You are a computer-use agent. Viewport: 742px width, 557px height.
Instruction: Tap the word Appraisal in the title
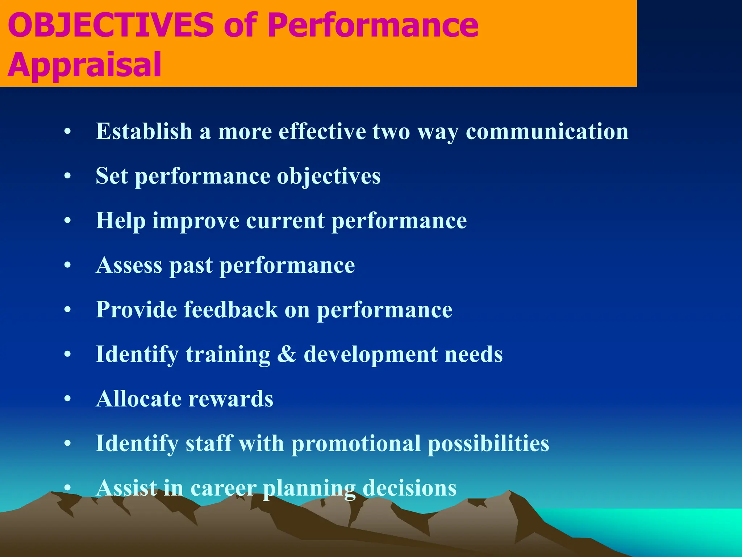tap(84, 65)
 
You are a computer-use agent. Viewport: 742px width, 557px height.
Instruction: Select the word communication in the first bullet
tap(547, 131)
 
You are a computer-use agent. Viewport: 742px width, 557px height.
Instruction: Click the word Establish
tap(144, 131)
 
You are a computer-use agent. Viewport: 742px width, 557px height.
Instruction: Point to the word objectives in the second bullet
tap(329, 177)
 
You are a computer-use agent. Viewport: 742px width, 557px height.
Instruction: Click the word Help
tap(120, 221)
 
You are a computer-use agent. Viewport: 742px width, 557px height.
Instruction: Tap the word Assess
tap(129, 265)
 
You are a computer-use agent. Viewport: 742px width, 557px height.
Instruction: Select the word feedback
tap(231, 310)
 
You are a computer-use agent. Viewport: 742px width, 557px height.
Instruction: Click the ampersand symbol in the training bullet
tap(287, 354)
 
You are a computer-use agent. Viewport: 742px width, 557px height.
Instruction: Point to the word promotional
tap(356, 444)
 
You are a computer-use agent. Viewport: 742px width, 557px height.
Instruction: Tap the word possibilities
tap(488, 444)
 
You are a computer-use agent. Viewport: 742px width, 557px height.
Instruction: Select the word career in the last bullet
tap(223, 488)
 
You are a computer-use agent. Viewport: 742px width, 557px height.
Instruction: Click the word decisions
tap(409, 488)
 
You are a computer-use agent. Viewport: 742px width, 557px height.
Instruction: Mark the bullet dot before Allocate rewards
tap(67, 399)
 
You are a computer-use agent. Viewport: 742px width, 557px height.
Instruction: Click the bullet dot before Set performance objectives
tap(67, 177)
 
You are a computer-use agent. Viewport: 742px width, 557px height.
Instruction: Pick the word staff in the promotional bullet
tap(209, 443)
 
